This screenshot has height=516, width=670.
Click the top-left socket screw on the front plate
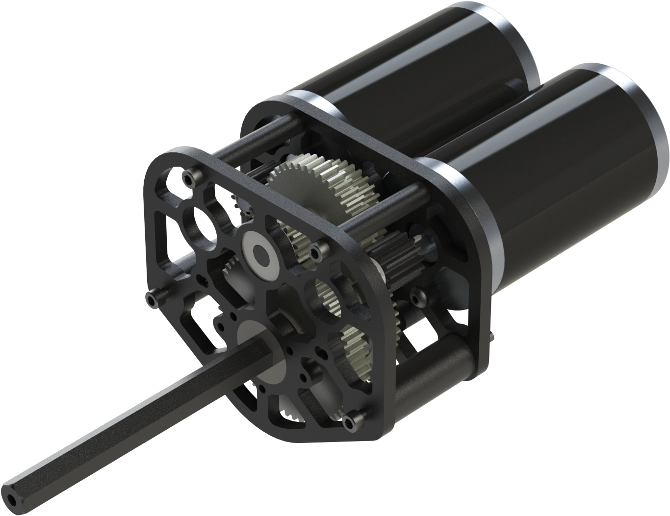coord(188,174)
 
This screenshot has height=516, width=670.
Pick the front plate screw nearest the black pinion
coord(321,246)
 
